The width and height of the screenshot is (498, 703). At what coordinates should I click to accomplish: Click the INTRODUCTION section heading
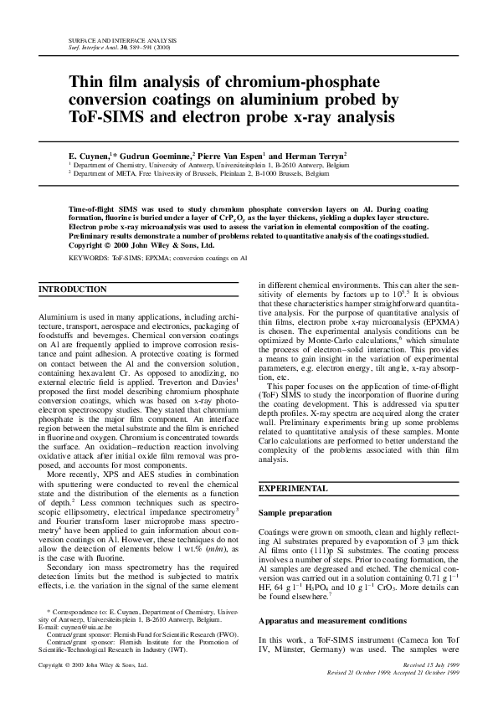click(x=74, y=290)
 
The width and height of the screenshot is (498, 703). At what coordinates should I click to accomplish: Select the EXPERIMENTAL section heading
click(x=294, y=487)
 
